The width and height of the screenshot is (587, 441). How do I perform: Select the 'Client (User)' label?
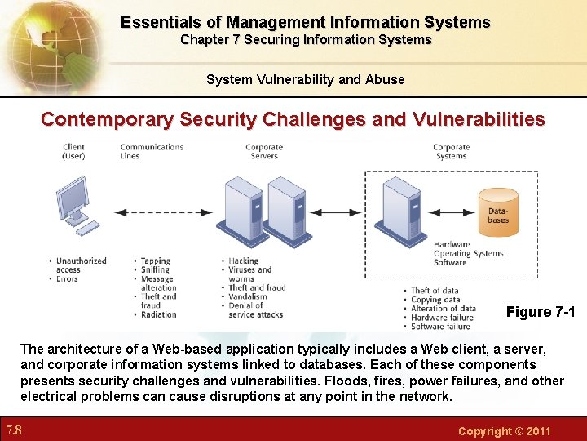[x=73, y=151]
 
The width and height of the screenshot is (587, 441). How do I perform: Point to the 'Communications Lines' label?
[x=152, y=151]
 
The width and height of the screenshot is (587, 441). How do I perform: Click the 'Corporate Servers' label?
[x=264, y=151]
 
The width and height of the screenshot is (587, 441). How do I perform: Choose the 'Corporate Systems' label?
[x=451, y=151]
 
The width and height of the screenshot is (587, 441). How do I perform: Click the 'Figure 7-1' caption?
[x=541, y=312]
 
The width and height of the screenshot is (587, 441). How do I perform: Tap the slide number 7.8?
[x=13, y=430]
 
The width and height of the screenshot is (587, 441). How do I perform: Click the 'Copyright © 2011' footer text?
[x=505, y=431]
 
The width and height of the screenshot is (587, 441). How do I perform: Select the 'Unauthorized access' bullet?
[x=80, y=265]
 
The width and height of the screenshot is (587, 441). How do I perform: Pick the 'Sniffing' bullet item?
[x=155, y=269]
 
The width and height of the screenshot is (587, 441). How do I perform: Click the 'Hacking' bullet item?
[x=244, y=261]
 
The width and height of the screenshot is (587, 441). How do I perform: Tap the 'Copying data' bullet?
[x=435, y=300]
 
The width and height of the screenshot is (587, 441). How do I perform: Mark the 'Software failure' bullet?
[x=439, y=327]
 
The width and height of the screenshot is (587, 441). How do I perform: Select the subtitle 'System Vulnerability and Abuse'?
[x=305, y=79]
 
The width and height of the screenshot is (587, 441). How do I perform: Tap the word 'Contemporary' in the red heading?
[x=107, y=119]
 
